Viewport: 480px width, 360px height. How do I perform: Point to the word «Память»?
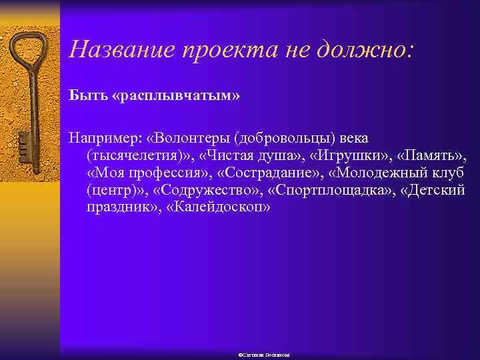pos(433,155)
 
